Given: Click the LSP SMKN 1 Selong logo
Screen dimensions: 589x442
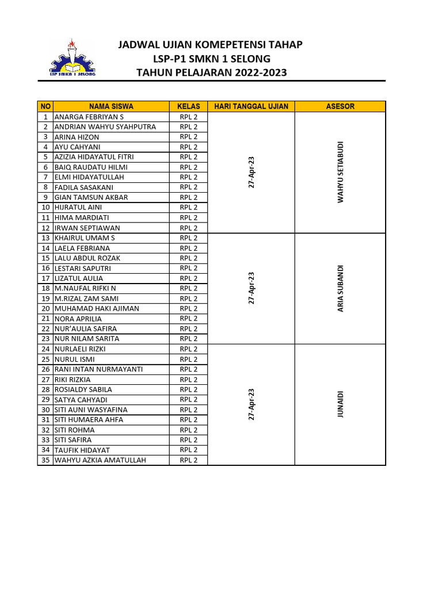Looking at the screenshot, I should click(x=72, y=58).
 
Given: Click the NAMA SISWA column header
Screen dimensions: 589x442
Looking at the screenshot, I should click(x=111, y=106).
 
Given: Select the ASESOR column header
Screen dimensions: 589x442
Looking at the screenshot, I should click(x=340, y=106).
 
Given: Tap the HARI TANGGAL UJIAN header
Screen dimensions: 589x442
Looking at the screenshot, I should click(x=251, y=106).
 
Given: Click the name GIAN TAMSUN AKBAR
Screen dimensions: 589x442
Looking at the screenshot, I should click(x=91, y=197).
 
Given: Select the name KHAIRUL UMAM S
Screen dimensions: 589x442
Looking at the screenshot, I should click(x=85, y=238).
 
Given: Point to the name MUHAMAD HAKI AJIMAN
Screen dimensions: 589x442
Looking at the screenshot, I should click(x=97, y=308).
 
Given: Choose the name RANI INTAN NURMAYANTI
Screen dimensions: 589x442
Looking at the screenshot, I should click(x=98, y=369).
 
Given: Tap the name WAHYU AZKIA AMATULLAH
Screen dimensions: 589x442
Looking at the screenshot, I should click(x=100, y=460).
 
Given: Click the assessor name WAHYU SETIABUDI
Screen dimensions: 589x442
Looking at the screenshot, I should click(x=340, y=172).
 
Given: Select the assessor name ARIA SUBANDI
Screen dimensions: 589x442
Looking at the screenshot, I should click(x=340, y=289).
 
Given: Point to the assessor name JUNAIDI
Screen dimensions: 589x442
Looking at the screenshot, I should click(x=340, y=404).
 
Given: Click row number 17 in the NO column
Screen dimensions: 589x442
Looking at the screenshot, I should click(x=45, y=278).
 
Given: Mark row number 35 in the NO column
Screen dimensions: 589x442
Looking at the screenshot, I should click(x=45, y=460).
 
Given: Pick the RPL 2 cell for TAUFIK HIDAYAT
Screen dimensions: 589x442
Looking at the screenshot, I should click(x=188, y=450).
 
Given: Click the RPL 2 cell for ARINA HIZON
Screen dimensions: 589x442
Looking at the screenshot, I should click(x=188, y=137).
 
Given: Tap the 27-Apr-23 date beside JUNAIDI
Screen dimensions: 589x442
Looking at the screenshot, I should click(x=252, y=404).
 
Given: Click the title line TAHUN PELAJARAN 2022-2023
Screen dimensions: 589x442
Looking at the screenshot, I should click(x=211, y=72).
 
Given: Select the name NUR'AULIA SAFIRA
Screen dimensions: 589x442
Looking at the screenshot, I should click(x=86, y=329).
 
